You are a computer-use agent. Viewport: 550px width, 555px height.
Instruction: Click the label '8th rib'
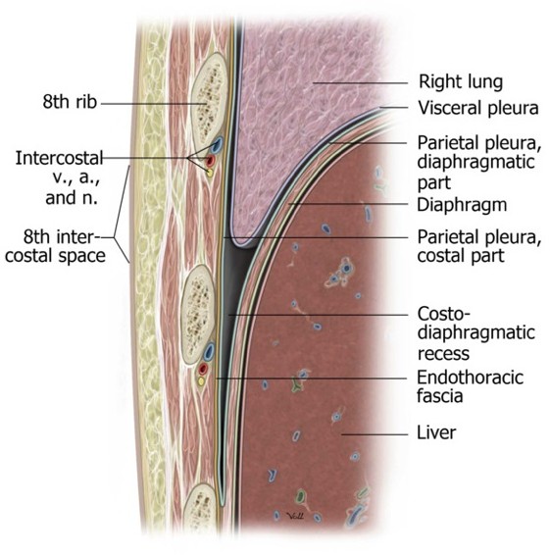click(70, 102)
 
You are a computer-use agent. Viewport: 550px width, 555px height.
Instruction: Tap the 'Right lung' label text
click(461, 81)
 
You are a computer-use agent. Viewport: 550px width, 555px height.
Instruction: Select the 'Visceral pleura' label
click(478, 108)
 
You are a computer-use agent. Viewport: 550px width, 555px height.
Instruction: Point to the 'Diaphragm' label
click(462, 205)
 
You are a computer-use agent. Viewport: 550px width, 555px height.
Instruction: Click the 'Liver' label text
click(436, 432)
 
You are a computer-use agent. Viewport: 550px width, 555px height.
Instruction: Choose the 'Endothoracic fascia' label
click(470, 386)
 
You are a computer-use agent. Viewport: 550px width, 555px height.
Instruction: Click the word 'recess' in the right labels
click(443, 353)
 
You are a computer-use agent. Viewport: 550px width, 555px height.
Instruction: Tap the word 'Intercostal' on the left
click(59, 158)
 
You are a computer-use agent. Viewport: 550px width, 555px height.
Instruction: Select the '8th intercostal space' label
click(56, 246)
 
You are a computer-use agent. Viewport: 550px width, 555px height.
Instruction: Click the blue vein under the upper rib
click(217, 144)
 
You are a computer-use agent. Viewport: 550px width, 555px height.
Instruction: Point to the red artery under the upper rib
click(211, 161)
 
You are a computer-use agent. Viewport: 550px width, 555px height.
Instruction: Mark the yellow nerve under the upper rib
click(209, 173)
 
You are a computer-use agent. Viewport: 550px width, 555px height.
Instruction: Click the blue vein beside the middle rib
click(209, 351)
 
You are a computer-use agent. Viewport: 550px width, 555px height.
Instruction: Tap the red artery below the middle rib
click(202, 369)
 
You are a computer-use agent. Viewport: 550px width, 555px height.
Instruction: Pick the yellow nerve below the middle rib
click(201, 381)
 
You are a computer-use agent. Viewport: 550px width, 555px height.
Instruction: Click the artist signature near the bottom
click(295, 517)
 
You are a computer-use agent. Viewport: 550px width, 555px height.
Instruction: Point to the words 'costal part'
click(461, 256)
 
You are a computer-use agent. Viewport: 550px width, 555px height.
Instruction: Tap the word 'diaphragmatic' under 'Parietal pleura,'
click(475, 162)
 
